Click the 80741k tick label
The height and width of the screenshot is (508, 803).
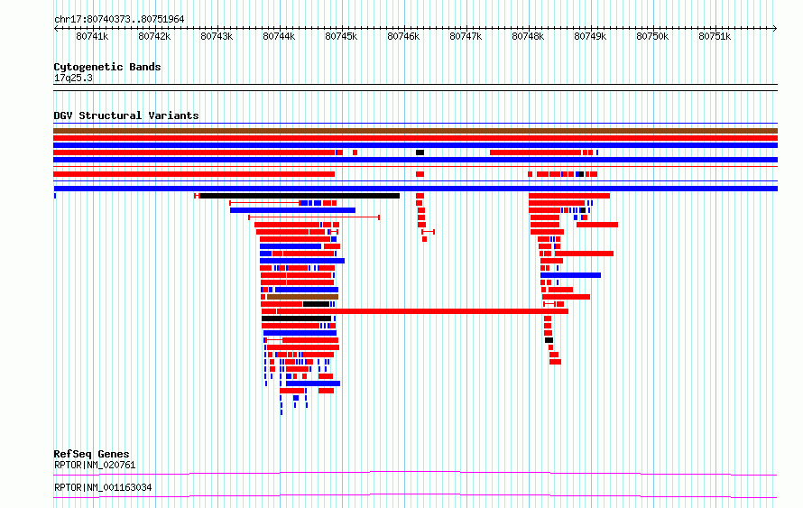click(92, 36)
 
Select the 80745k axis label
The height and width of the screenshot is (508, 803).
click(341, 36)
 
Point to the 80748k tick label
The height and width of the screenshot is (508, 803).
click(528, 36)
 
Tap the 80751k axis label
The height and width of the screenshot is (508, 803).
click(715, 36)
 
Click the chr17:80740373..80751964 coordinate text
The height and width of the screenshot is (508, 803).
click(119, 20)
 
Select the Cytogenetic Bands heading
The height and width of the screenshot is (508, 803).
click(107, 67)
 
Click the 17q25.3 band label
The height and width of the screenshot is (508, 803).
click(73, 78)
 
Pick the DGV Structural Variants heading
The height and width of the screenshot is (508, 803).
click(126, 115)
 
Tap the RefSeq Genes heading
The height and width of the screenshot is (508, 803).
click(91, 454)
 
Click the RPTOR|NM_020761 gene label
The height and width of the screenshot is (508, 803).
click(95, 465)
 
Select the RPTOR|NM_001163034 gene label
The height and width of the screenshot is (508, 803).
click(103, 487)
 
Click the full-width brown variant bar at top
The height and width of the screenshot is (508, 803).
click(415, 131)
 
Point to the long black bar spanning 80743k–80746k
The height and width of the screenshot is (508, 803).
click(300, 196)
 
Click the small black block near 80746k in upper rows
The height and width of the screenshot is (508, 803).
click(420, 152)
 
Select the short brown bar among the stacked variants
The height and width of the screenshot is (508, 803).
click(302, 297)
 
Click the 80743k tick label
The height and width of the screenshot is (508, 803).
click(217, 36)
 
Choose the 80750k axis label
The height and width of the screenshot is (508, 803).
click(652, 36)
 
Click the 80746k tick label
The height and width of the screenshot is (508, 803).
click(403, 36)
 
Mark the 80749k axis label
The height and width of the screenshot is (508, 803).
click(590, 36)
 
